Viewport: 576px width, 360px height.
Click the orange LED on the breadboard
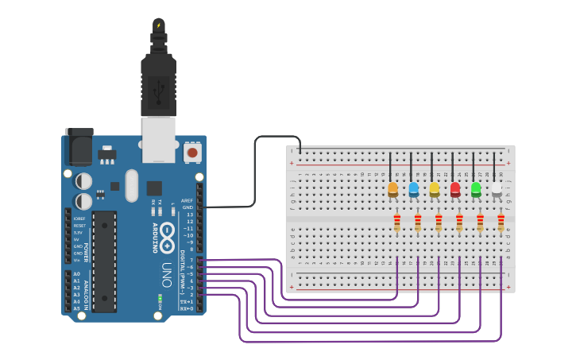coord(392,189)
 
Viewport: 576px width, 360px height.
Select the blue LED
coord(413,189)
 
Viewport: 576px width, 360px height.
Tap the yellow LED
coord(434,189)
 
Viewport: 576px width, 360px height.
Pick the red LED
coord(455,189)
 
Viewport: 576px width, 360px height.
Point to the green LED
coord(476,189)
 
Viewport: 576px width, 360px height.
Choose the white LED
coord(497,189)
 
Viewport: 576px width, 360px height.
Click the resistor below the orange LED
coord(396,223)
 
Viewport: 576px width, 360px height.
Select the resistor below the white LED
coord(501,223)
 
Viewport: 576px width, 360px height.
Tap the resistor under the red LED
coord(459,223)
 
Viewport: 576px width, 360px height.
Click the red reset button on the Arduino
coord(191,151)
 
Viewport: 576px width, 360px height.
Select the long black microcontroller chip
coord(104,261)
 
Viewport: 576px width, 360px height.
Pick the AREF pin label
coord(187,201)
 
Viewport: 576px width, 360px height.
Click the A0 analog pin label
coord(77,273)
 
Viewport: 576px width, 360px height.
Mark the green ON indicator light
coord(160,300)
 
